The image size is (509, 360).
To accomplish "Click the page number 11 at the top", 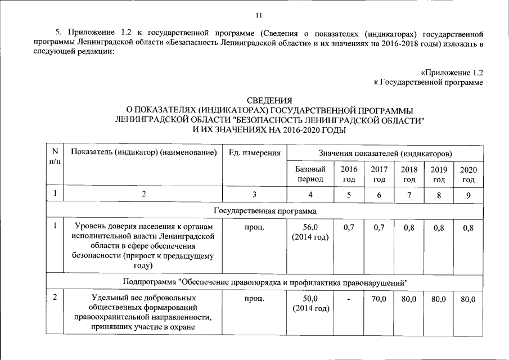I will (258, 15).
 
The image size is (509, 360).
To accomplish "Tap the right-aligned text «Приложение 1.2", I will (452, 73).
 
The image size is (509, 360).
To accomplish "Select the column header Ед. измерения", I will (254, 153).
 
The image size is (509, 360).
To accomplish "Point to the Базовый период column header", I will (310, 174).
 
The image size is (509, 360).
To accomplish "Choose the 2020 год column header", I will (468, 174).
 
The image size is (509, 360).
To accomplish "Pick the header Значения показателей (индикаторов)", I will (385, 153).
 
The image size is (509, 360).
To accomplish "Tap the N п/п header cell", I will (55, 156).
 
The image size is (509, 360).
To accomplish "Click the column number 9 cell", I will (468, 195).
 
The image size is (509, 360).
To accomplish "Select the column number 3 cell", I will (254, 195).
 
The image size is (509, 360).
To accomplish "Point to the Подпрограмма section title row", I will (265, 281).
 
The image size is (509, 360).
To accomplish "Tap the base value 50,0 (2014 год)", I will (310, 303).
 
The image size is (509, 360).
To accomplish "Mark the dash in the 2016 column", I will (349, 299).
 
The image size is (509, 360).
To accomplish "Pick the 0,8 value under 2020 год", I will (468, 227).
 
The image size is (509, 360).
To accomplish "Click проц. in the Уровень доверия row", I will (254, 227).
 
